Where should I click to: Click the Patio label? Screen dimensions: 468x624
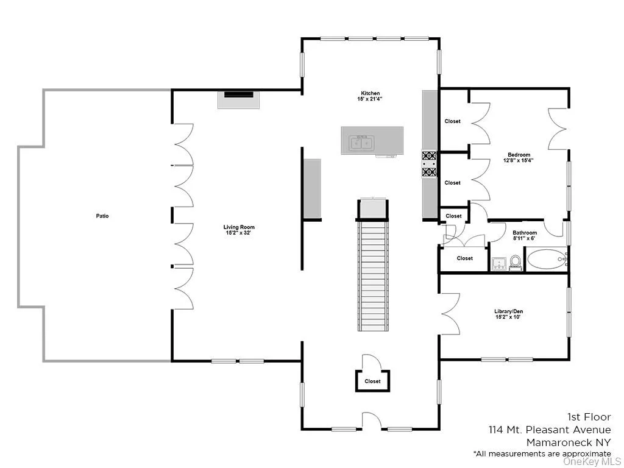[x=102, y=216]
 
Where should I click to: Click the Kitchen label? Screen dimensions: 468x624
[x=369, y=93]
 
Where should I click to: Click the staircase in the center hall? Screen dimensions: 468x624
[x=372, y=274]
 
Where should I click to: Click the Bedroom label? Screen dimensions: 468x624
[x=518, y=155]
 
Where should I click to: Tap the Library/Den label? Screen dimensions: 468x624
[x=508, y=311]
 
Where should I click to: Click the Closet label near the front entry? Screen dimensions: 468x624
[x=372, y=381]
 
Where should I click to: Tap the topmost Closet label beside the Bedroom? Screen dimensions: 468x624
[x=452, y=121]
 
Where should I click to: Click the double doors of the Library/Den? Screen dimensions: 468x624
[x=450, y=313]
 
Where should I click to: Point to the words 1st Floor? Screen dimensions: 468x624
[x=589, y=417]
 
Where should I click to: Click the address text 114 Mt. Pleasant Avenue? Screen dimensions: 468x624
[x=549, y=430]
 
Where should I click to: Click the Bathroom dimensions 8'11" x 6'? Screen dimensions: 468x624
[x=524, y=239]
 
